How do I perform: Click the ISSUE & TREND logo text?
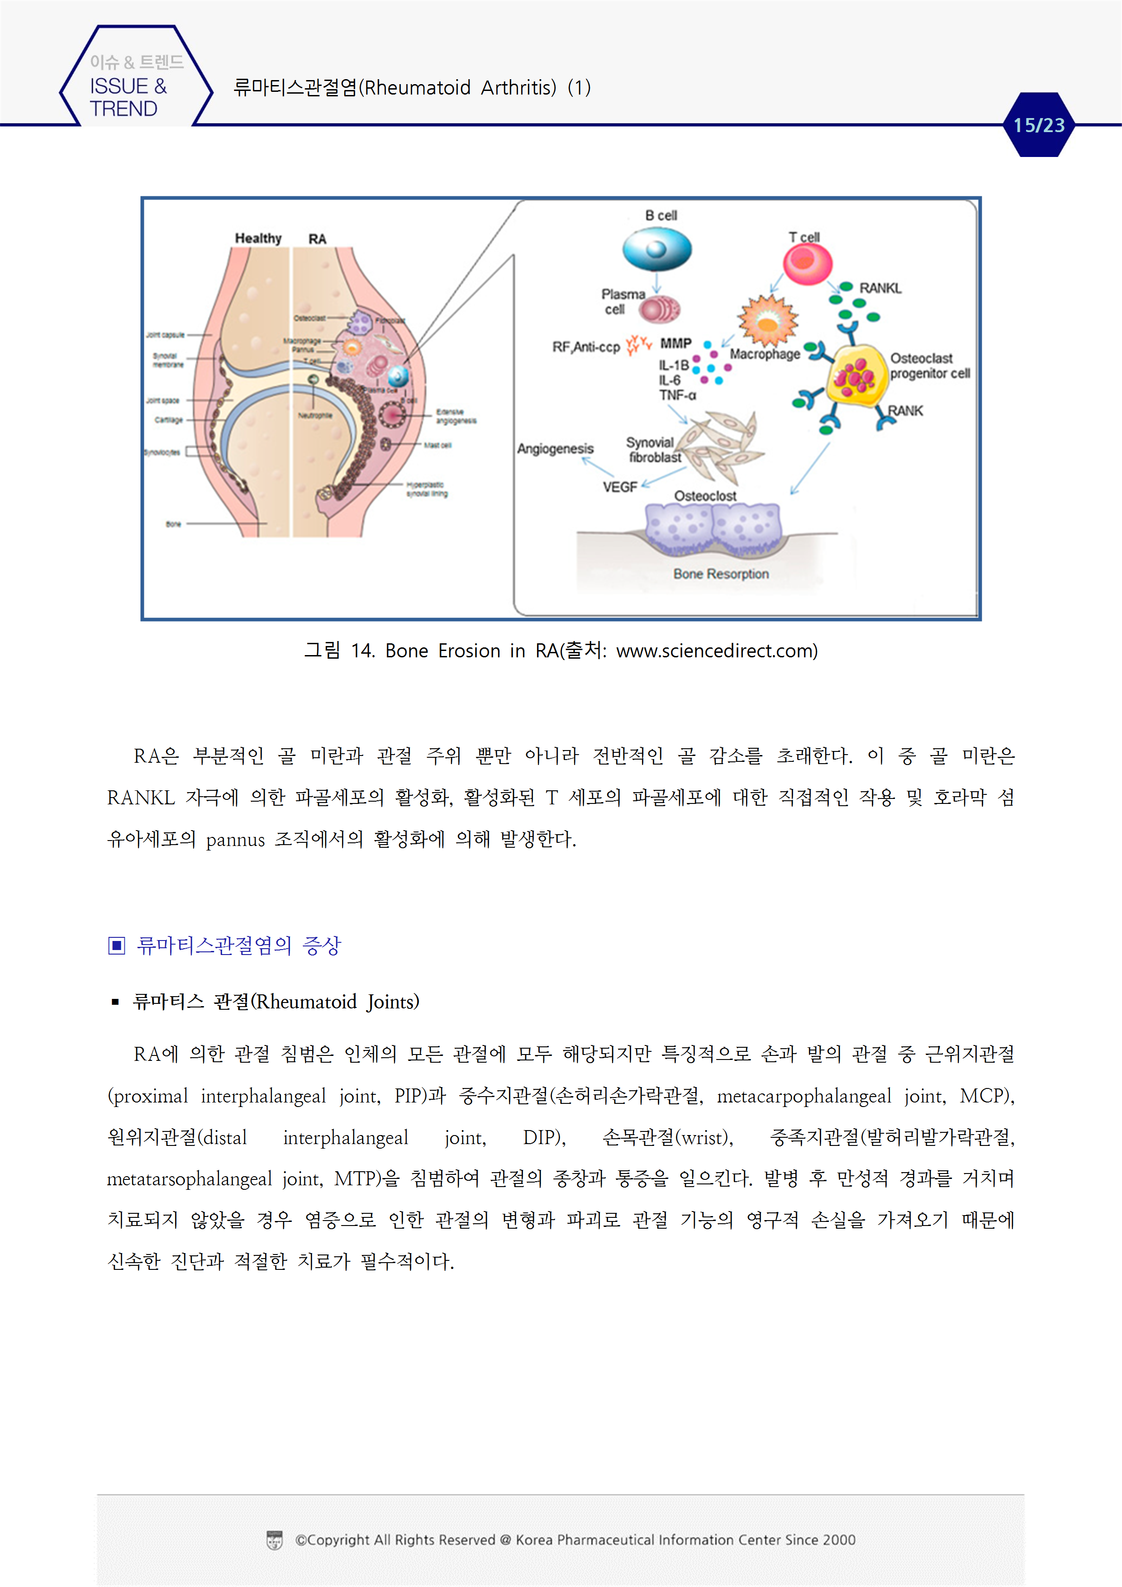point(128,97)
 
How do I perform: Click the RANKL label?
point(880,288)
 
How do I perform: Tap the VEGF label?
point(619,487)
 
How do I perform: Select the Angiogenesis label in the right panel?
point(555,449)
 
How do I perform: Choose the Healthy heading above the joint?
point(258,238)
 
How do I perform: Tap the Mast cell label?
point(437,445)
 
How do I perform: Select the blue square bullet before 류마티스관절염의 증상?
point(117,945)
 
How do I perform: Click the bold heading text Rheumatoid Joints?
point(338,1002)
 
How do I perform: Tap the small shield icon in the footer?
point(275,1540)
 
